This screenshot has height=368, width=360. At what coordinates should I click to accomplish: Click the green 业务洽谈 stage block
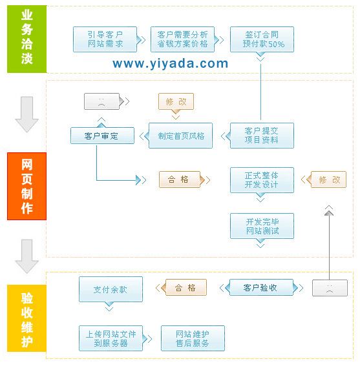pos(26,39)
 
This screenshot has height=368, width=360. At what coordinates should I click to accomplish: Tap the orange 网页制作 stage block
pos(26,187)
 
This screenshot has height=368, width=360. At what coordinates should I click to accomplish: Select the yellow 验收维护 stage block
pos(26,320)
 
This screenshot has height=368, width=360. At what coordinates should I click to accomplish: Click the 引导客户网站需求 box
pos(106,39)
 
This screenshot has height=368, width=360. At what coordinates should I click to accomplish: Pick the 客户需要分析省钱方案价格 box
pos(183,39)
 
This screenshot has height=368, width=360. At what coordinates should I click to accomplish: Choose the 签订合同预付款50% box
pos(262,39)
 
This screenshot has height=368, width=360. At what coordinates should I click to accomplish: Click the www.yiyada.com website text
pos(170,63)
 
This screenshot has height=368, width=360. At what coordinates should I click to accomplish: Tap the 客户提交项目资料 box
pos(262,136)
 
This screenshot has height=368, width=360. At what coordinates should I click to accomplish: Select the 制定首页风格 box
pos(181,136)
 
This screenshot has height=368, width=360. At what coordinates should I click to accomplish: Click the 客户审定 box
pos(102,136)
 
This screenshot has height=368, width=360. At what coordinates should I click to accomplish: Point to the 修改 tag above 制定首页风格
pos(176,102)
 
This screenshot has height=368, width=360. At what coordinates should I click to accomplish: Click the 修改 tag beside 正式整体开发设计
pos(328,179)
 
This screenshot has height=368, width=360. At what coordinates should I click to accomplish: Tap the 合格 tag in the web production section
pos(179,179)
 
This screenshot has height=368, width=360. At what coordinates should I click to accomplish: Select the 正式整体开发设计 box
pos(262,179)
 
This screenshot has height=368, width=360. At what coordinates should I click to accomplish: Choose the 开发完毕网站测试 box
pos(262,226)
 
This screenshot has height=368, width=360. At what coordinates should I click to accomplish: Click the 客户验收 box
pos(261,287)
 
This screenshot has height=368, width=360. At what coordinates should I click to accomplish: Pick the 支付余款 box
pos(111,289)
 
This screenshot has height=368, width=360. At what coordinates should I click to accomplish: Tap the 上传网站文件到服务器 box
pos(111,338)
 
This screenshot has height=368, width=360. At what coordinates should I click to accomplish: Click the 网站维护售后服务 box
pos(192,338)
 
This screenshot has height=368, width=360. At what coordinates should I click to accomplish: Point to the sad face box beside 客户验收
pos(330,287)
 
